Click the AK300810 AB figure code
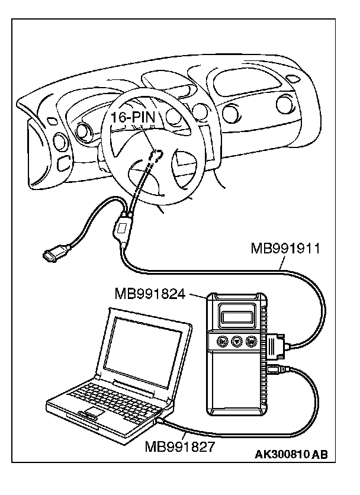(x=291, y=455)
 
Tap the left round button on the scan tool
(x=222, y=342)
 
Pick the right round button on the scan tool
(x=252, y=342)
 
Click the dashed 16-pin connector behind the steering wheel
(x=156, y=155)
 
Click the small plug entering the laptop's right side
(x=160, y=421)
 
